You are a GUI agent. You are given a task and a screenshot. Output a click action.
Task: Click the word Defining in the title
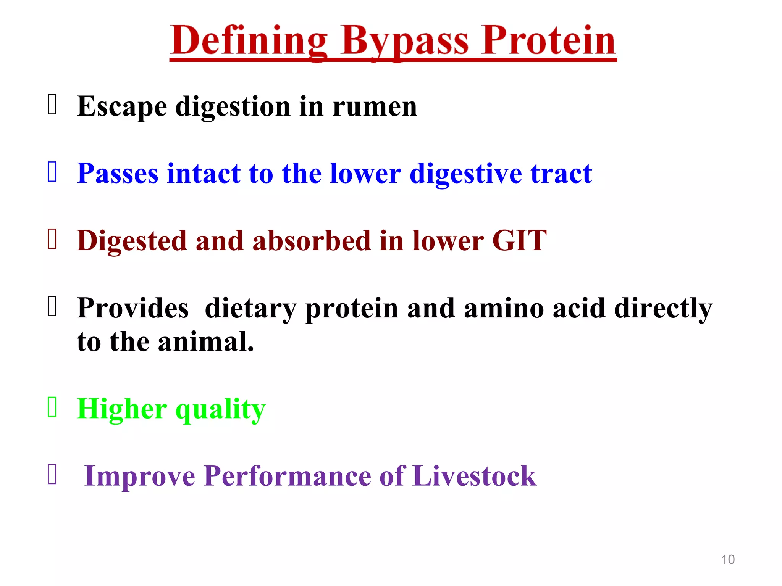pyautogui.click(x=249, y=41)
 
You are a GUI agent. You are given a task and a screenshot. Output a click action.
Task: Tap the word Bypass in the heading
pyautogui.click(x=405, y=41)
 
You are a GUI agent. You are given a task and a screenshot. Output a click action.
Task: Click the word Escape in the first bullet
pyautogui.click(x=122, y=106)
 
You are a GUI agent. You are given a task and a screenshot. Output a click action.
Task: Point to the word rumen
pyautogui.click(x=375, y=107)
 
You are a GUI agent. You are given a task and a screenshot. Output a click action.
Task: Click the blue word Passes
pyautogui.click(x=118, y=174)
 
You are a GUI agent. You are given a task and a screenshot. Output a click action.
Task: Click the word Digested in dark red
pyautogui.click(x=132, y=241)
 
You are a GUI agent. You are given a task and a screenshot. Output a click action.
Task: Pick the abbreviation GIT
pyautogui.click(x=519, y=241)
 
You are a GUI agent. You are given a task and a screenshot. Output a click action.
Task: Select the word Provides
pyautogui.click(x=133, y=308)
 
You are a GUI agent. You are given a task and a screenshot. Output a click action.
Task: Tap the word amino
pyautogui.click(x=504, y=308)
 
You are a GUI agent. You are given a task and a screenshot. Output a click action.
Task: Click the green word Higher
pyautogui.click(x=122, y=409)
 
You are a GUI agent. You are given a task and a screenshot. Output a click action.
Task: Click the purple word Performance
pyautogui.click(x=287, y=476)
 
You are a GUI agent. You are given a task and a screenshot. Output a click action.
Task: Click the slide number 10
pyautogui.click(x=728, y=560)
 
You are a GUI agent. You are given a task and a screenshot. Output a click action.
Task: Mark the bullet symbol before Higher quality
pyautogui.click(x=52, y=407)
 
